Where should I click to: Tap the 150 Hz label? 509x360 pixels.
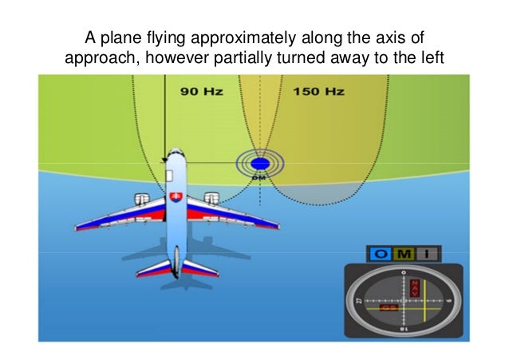[x=318, y=92]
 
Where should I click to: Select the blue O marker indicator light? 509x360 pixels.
[x=381, y=254]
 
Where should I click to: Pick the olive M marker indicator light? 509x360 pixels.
[x=404, y=254]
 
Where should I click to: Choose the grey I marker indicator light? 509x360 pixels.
[x=428, y=254]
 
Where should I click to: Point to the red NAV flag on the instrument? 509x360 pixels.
[x=413, y=288]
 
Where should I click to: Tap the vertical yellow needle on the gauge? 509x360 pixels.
[x=424, y=300]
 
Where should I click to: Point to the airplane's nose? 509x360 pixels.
[x=176, y=156]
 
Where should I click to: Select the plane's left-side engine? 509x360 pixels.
[x=141, y=199]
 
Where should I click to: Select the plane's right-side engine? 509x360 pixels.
[x=211, y=198]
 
